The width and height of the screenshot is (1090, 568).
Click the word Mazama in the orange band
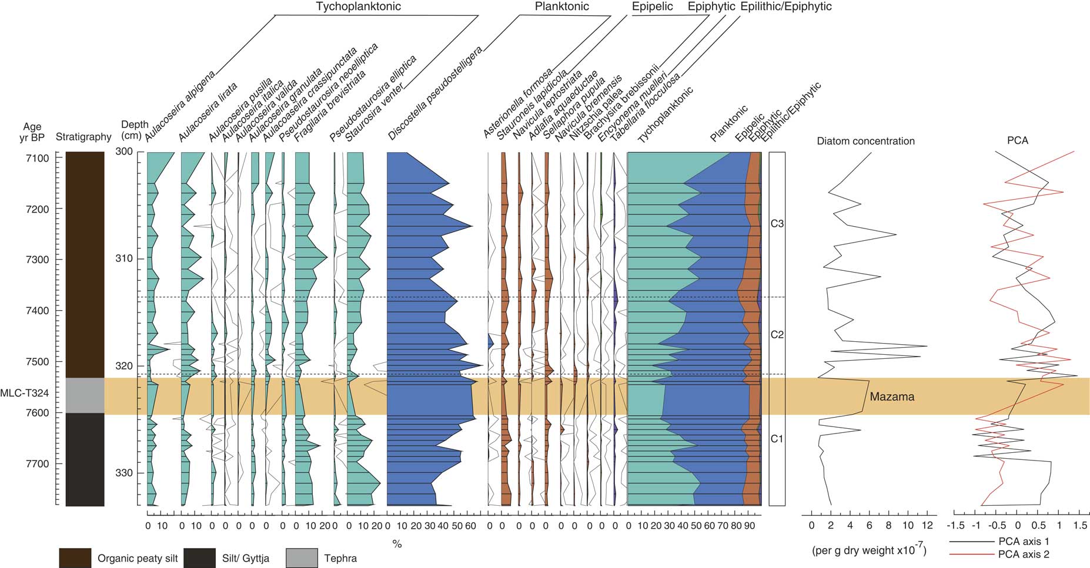click(x=892, y=396)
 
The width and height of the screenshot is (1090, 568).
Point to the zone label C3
click(x=777, y=224)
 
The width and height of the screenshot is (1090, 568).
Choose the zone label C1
click(x=777, y=439)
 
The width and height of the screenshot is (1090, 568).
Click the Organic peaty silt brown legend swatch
click(x=75, y=558)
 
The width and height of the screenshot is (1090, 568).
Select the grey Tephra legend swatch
click(x=302, y=558)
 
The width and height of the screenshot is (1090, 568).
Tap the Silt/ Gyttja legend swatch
click(x=199, y=558)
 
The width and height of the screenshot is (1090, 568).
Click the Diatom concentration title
click(x=865, y=141)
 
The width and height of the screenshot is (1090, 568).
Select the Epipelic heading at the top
click(x=652, y=6)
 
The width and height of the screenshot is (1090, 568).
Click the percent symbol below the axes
click(x=397, y=545)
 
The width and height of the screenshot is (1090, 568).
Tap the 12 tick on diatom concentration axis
click(x=927, y=525)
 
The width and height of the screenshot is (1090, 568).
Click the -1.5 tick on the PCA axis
click(x=958, y=525)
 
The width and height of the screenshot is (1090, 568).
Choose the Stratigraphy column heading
click(x=83, y=137)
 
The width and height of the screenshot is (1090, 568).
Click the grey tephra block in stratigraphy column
click(x=85, y=395)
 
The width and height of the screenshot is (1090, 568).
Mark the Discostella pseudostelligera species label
click(x=435, y=94)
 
